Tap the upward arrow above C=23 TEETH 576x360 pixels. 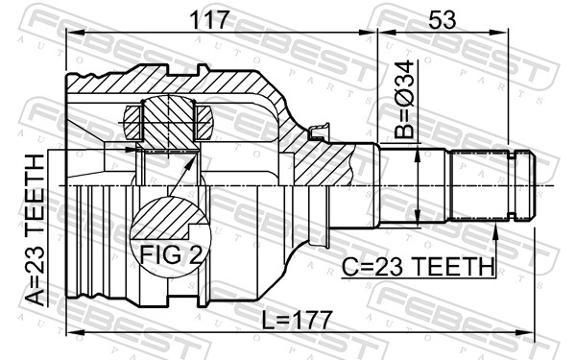(x=495, y=231)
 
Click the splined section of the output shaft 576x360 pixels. (x=480, y=184)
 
